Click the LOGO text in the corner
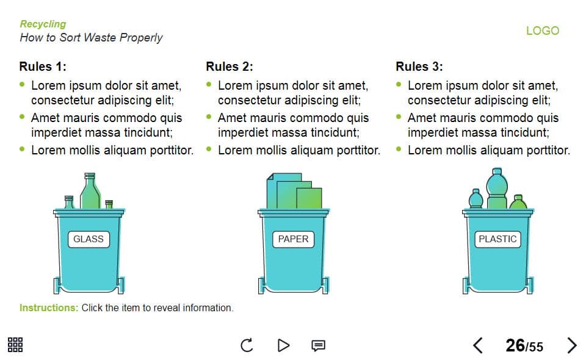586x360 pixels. tap(543, 31)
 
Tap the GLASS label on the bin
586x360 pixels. tap(89, 239)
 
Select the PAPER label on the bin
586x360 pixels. tap(294, 239)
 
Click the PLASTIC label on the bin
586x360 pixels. tap(497, 239)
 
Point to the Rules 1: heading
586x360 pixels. tap(43, 67)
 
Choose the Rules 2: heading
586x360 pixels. tap(230, 67)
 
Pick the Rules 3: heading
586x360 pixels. tap(419, 67)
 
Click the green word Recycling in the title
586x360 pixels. tap(43, 24)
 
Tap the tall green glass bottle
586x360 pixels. tap(90, 191)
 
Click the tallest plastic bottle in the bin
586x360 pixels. tap(497, 189)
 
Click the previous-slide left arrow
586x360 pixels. tap(478, 345)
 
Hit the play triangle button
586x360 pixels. tap(284, 345)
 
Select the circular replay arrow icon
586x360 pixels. tap(247, 345)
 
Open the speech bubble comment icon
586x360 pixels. tap(319, 346)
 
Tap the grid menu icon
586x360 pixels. tap(15, 345)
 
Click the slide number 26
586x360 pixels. tap(515, 345)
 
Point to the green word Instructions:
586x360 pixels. tap(49, 308)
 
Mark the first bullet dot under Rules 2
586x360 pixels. tap(209, 84)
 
